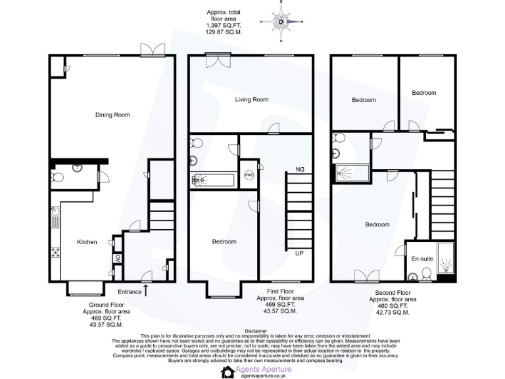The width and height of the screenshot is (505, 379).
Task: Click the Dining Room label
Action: (x=112, y=115)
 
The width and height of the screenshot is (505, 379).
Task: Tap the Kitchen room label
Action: (x=87, y=242)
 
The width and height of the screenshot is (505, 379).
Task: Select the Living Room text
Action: (x=252, y=100)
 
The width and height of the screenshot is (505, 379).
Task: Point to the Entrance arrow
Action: (x=145, y=289)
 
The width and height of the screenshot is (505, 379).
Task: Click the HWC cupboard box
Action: (x=249, y=174)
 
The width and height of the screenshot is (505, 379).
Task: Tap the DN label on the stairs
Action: (x=299, y=169)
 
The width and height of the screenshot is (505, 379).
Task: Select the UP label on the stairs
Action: (x=299, y=253)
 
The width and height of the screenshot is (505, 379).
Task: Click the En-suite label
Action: (x=421, y=259)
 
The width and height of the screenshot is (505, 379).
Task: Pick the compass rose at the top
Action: (x=282, y=22)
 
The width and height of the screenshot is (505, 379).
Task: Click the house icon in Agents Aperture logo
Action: (x=228, y=372)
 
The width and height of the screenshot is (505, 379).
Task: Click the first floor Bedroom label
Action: (x=224, y=242)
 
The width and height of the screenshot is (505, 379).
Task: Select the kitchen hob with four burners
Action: (x=56, y=252)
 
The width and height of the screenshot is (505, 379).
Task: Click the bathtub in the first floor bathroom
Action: (x=212, y=179)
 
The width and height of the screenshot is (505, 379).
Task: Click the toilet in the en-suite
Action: (x=425, y=274)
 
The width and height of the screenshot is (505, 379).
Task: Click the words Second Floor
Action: (x=391, y=293)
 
